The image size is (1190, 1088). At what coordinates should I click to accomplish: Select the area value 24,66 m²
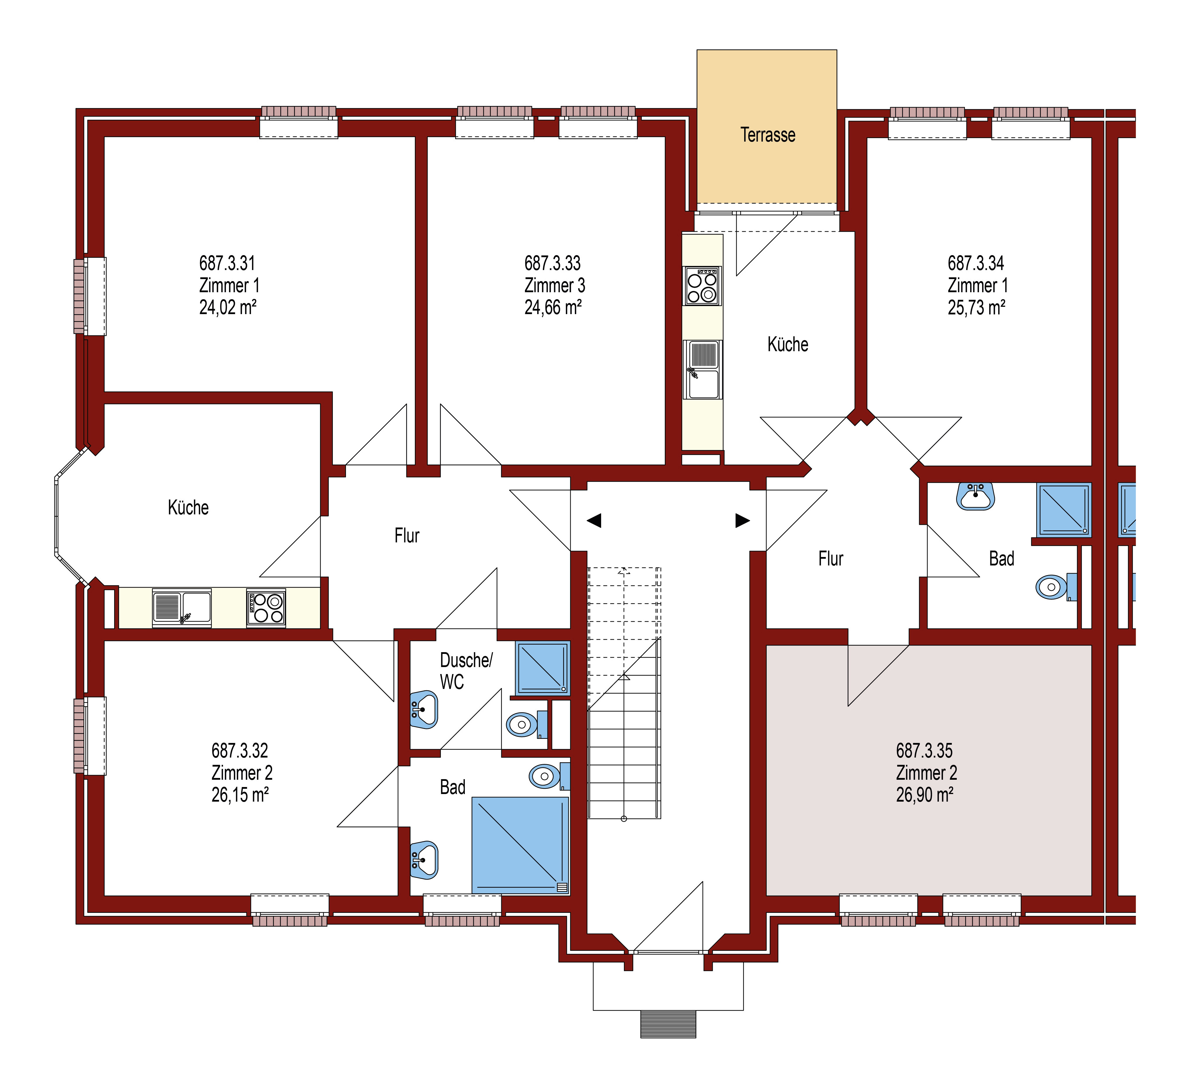click(553, 308)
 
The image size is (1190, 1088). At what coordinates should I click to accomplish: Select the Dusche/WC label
click(466, 671)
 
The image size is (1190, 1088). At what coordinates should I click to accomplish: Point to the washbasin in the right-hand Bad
click(976, 496)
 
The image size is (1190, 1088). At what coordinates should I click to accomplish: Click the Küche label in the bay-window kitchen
click(188, 508)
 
